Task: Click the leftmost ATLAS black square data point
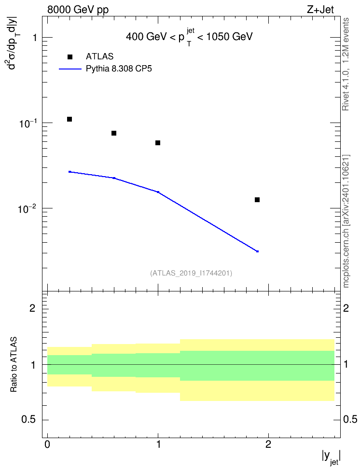pos(69,119)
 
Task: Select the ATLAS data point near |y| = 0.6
pos(114,133)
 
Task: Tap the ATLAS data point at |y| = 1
pos(158,143)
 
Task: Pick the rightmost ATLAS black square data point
pos(257,200)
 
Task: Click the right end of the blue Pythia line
pos(257,251)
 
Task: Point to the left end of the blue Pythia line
pos(69,172)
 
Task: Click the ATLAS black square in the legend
pos(69,57)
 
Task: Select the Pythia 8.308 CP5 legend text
pos(119,69)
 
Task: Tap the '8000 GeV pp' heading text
pos(78,10)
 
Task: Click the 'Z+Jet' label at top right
pos(320,10)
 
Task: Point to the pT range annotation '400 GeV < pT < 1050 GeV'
pos(189,37)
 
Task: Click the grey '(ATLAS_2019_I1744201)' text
pos(191,273)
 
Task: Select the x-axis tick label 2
pos(268,444)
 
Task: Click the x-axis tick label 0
pos(47,444)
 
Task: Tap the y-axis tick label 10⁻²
pos(26,208)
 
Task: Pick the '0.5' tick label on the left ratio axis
pos(28,420)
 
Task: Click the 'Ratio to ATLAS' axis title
pos(14,364)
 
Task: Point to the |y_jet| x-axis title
pos(331,457)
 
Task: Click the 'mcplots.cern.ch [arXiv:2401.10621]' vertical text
pos(346,221)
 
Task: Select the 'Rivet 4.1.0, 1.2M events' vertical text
pos(346,64)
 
